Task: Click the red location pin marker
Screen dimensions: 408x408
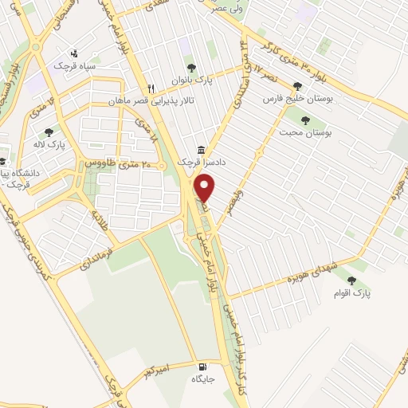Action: point(206,188)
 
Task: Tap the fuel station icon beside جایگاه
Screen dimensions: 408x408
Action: point(202,367)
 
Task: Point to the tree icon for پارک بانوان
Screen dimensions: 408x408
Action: point(190,68)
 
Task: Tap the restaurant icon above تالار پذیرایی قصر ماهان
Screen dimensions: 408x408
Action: point(150,89)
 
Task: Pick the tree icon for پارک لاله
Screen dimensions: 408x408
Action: point(49,132)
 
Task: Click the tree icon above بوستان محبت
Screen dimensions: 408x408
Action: point(304,120)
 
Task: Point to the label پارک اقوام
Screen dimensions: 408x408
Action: point(352,293)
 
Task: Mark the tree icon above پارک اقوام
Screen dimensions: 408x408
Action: point(352,280)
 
